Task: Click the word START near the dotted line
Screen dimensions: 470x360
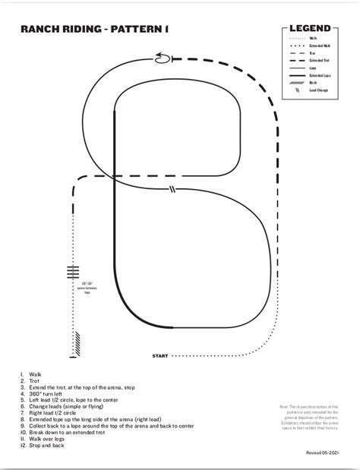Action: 160,355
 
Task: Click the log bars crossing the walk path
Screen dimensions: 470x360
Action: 73,273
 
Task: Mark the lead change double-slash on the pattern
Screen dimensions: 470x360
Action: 173,189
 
